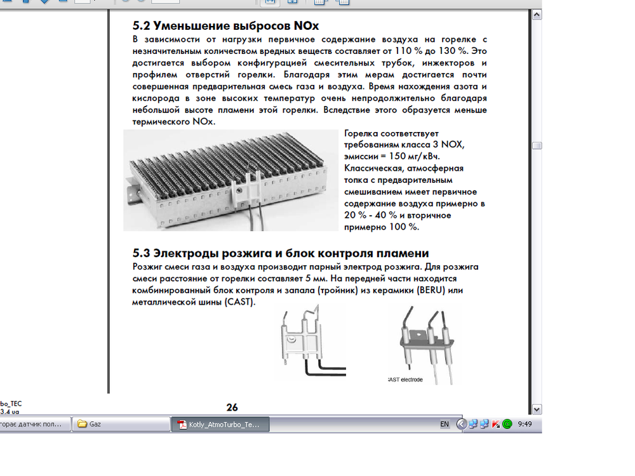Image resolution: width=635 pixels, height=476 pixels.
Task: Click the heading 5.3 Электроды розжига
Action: tap(280, 253)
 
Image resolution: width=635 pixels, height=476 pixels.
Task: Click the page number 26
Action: tap(232, 407)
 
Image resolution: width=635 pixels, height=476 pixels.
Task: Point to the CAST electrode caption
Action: tap(406, 380)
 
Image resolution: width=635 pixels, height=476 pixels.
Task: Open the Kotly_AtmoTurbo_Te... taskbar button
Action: tap(220, 424)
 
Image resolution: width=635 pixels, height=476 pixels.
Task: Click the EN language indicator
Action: tap(444, 424)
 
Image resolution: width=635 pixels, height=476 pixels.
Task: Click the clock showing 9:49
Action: tap(525, 423)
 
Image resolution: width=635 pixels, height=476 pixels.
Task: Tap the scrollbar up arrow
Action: tap(537, 14)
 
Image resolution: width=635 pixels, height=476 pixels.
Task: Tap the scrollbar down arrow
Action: tap(537, 409)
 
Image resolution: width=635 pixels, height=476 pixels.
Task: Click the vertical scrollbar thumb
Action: tap(537, 145)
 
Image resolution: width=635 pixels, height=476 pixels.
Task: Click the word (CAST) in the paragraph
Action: tap(238, 301)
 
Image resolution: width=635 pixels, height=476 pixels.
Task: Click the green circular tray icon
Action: tap(507, 424)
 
